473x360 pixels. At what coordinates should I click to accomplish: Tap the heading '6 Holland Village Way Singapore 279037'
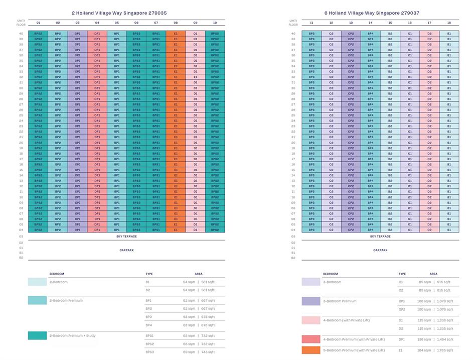click(380, 13)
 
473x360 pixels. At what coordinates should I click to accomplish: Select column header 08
click(176, 23)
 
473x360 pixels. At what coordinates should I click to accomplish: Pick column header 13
click(351, 23)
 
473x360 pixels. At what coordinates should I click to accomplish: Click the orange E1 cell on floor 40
click(176, 34)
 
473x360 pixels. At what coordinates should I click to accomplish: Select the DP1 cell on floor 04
click(97, 230)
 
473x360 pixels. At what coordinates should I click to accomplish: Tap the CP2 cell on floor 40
click(351, 34)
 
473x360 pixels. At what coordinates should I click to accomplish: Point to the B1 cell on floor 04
click(449, 230)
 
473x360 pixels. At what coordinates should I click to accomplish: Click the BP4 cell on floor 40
click(370, 34)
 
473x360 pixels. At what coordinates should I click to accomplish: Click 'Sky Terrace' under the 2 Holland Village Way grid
click(126, 236)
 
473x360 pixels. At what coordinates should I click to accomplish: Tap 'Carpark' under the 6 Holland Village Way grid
click(380, 250)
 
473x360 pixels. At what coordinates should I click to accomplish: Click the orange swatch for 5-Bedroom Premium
click(311, 350)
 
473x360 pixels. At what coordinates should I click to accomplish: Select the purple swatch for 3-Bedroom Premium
click(311, 301)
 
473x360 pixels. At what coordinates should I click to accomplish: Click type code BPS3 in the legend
click(150, 352)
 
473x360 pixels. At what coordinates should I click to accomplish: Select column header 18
click(449, 23)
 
